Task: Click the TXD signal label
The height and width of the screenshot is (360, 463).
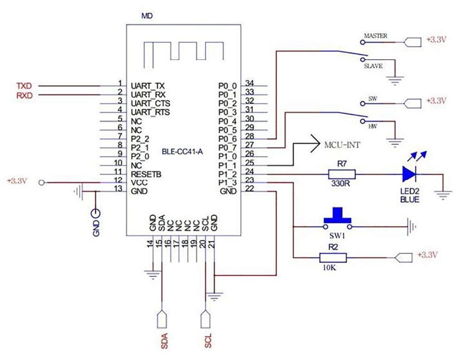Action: (x=24, y=86)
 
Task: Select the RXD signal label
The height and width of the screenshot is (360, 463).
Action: (x=25, y=95)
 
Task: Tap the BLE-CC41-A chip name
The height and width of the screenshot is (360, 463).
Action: (x=182, y=152)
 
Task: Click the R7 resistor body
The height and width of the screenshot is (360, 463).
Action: (x=342, y=174)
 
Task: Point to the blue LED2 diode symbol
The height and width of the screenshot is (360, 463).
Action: (x=409, y=174)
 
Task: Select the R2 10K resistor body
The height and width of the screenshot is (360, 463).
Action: (x=333, y=258)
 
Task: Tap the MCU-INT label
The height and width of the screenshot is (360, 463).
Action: (x=342, y=145)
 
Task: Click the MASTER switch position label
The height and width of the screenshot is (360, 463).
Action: (x=375, y=36)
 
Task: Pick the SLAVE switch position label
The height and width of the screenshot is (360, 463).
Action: (x=373, y=66)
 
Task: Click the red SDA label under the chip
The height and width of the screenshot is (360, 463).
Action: (x=164, y=341)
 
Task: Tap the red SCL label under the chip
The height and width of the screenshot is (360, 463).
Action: (x=208, y=341)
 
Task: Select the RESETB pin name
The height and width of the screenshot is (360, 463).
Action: (x=146, y=174)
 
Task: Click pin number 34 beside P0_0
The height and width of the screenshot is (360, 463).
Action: (x=250, y=83)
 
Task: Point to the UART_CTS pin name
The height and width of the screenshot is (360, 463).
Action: (x=150, y=103)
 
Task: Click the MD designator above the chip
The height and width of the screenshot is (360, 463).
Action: (x=147, y=16)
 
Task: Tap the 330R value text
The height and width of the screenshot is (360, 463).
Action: (x=340, y=183)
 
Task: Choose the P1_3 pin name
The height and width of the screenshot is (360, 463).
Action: (x=227, y=183)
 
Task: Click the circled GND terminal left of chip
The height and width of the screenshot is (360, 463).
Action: (x=95, y=213)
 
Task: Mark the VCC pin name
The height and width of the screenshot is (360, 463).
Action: (x=139, y=183)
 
